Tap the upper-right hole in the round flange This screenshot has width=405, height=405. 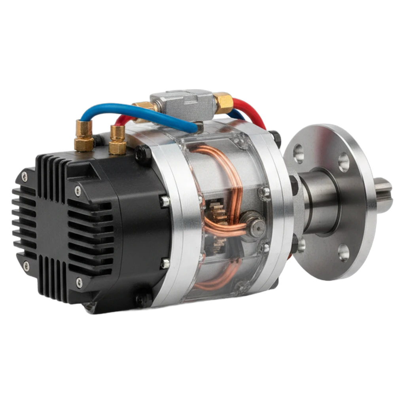point(344,161)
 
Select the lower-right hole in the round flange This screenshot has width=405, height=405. point(344,252)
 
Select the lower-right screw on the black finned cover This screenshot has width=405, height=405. point(79,282)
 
